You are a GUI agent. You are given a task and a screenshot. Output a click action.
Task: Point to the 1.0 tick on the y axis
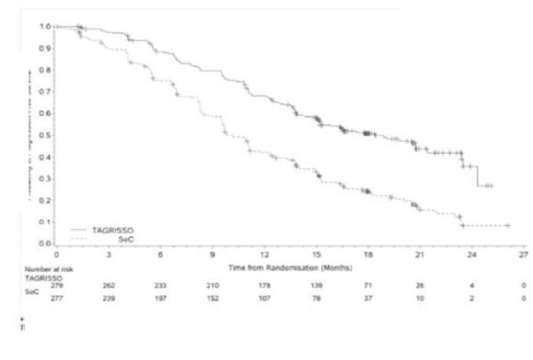point(43,26)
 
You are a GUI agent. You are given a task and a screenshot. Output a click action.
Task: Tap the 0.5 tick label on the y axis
point(43,135)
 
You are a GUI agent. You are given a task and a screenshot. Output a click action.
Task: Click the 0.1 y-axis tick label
point(43,223)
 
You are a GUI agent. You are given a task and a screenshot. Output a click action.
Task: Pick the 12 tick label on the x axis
point(265,255)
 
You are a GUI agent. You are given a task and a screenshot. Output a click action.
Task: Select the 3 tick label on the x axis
point(108,255)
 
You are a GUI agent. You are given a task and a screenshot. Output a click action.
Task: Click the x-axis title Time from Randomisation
point(289,268)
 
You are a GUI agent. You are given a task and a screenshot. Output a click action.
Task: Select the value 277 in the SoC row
point(58,298)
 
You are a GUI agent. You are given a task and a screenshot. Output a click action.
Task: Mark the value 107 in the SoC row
point(265,298)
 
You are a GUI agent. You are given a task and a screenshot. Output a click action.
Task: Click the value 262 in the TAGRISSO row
point(108,284)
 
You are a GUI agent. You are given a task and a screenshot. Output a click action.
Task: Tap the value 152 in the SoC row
point(212,298)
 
